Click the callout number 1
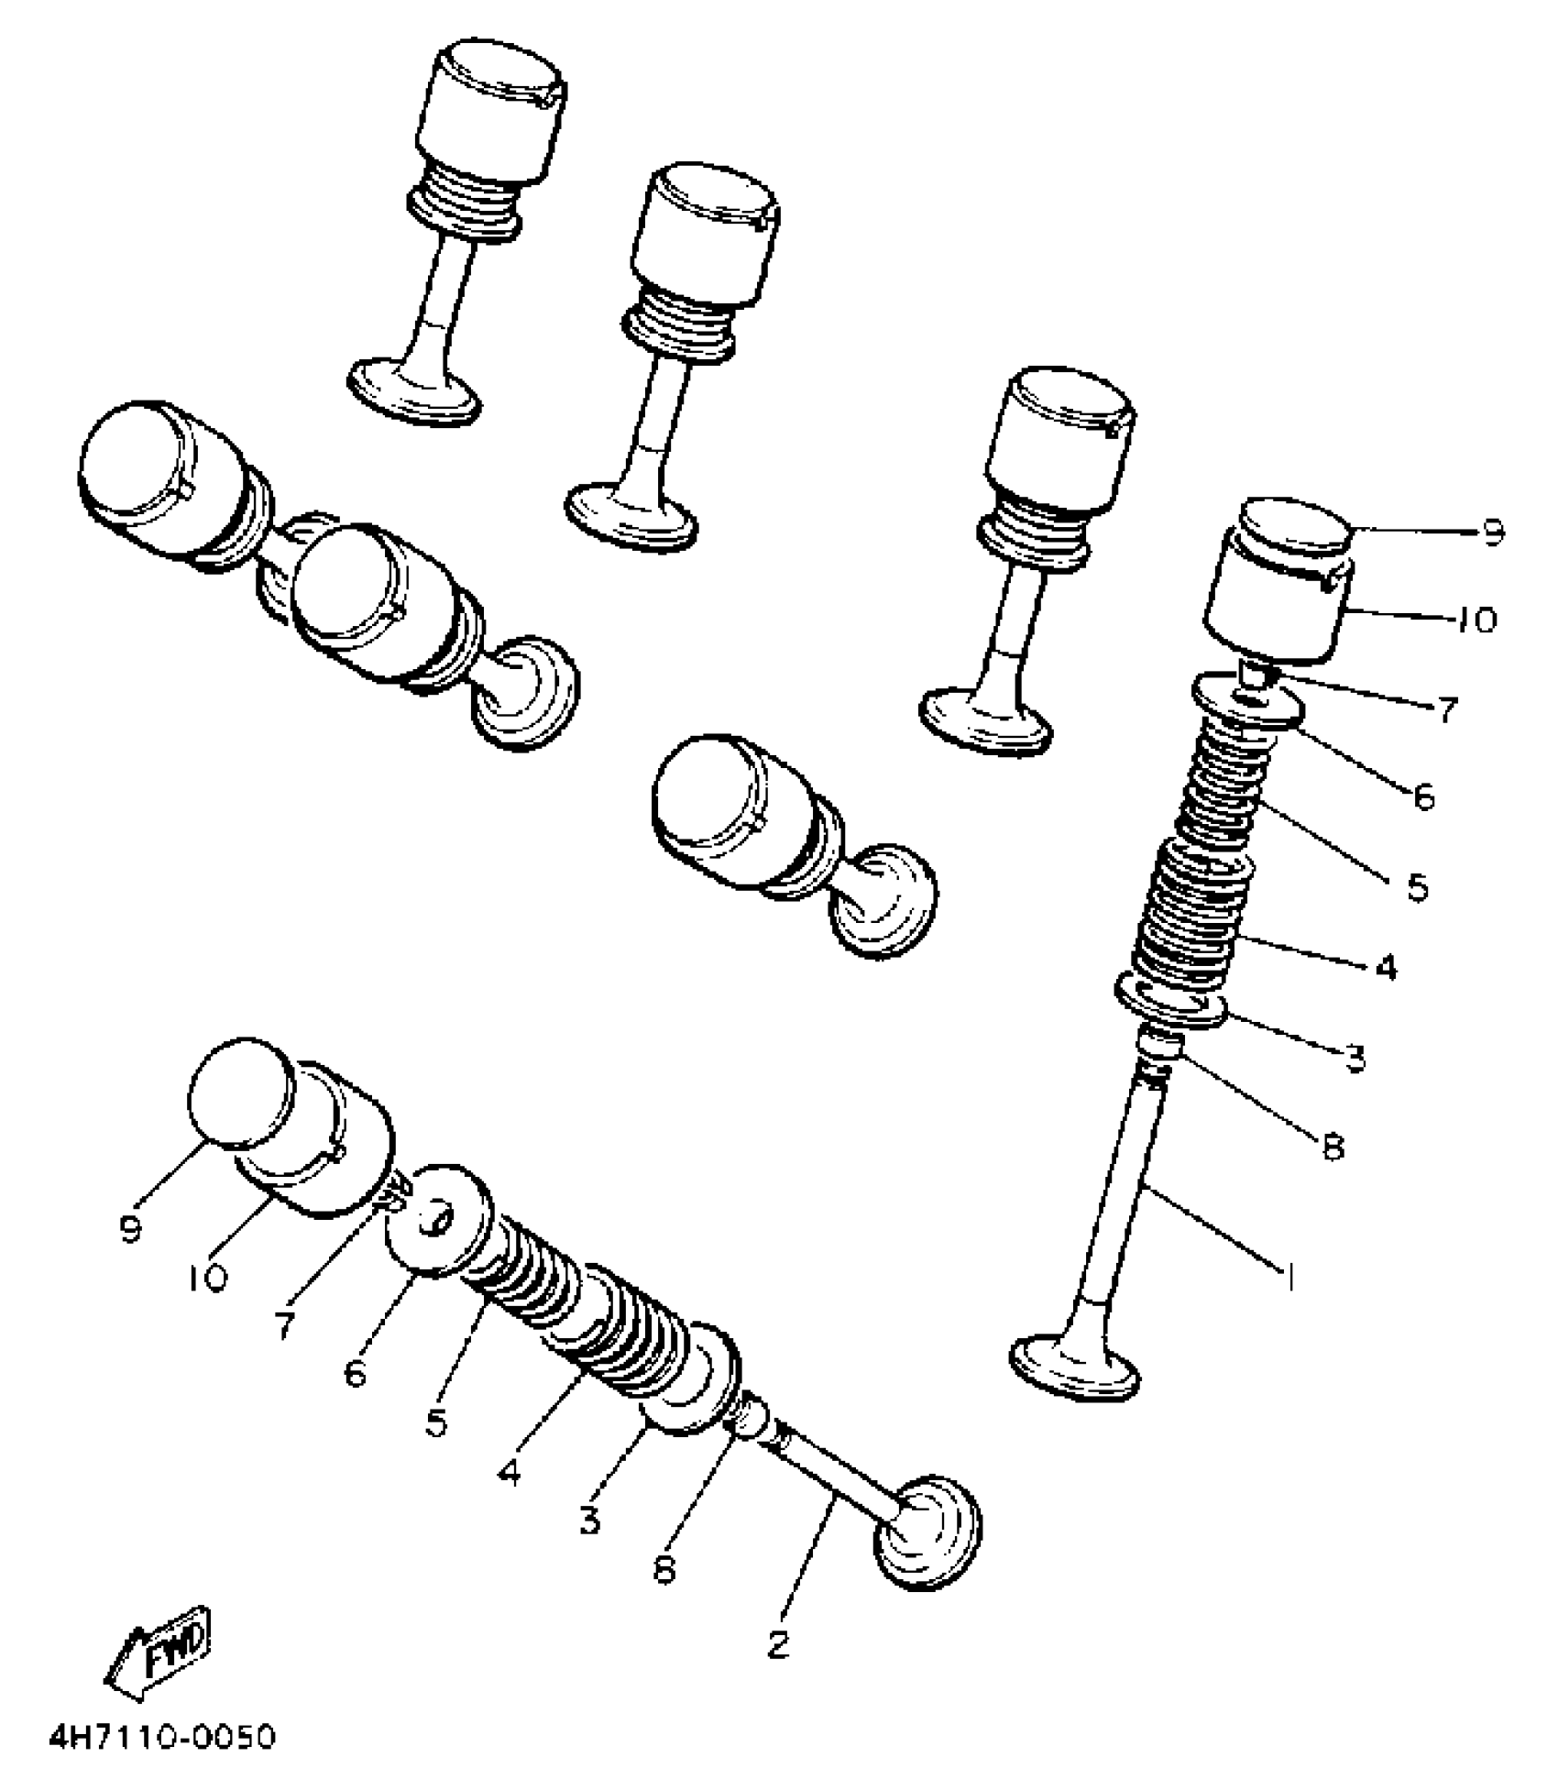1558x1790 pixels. [1289, 1276]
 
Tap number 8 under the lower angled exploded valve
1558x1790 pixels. [664, 1569]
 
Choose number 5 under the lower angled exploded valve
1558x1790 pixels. [436, 1422]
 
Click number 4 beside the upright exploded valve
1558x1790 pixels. [1387, 967]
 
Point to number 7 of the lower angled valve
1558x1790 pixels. [284, 1326]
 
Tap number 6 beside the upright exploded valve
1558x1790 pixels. [1422, 797]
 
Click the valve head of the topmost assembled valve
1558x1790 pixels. [415, 390]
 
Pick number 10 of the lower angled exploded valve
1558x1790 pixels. [208, 1278]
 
